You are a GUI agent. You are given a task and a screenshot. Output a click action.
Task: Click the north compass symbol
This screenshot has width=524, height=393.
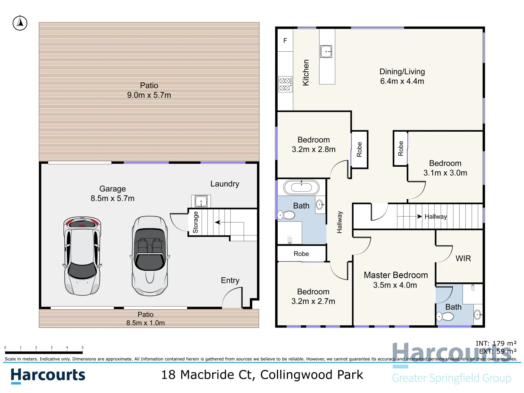tap(20, 23)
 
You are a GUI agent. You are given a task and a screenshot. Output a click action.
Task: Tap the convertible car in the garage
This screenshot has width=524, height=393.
tap(150, 256)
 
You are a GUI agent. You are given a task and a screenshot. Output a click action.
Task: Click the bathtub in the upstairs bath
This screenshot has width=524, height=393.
tap(301, 188)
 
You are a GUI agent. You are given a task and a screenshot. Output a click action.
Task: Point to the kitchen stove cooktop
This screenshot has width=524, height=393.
tap(285, 84)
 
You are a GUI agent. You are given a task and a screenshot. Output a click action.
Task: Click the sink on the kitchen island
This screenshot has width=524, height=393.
tap(326, 51)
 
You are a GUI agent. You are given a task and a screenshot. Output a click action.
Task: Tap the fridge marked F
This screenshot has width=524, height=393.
tap(285, 40)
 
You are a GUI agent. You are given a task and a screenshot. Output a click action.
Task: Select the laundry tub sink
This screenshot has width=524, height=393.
tap(201, 201)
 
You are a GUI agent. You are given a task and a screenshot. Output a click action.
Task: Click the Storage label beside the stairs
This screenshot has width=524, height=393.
tap(195, 222)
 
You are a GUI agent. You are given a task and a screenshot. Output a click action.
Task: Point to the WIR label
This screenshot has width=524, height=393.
tap(463, 258)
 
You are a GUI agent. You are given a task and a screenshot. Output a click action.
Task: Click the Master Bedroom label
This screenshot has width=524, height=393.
tap(396, 275)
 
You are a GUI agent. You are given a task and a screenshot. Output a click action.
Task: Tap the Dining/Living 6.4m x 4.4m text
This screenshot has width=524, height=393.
tap(402, 76)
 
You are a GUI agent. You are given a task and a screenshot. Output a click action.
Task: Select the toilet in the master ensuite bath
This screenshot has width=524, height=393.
tap(445, 317)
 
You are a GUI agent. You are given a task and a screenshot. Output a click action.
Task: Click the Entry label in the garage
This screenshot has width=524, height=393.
tap(230, 280)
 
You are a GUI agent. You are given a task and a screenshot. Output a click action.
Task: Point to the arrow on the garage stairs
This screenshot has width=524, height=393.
tap(218, 222)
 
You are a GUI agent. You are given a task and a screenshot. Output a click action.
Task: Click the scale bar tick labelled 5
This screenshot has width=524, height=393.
tap(83, 348)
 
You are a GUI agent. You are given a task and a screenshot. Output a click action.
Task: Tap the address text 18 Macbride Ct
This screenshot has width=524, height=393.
tap(262, 374)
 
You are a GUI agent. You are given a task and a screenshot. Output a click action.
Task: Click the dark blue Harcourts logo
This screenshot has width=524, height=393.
tap(48, 376)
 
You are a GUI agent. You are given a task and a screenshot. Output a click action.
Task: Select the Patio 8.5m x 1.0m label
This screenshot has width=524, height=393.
tap(146, 318)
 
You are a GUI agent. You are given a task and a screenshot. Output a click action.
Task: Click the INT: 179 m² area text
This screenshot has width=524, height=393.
tap(496, 343)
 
